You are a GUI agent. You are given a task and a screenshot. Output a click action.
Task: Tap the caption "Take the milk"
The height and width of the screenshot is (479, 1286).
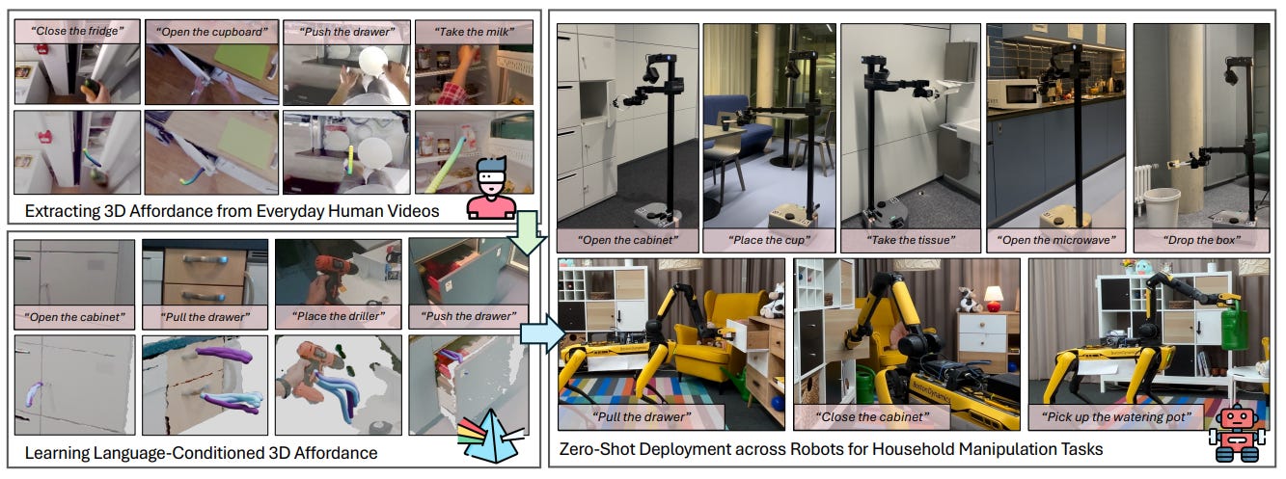point(474,30)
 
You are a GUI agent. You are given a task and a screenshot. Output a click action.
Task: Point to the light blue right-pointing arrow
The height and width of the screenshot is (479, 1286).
point(538,331)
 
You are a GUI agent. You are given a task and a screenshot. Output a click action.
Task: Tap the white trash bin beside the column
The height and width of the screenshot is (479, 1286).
point(1162,206)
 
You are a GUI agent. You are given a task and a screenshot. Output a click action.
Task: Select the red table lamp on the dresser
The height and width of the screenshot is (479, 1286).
point(993,297)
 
